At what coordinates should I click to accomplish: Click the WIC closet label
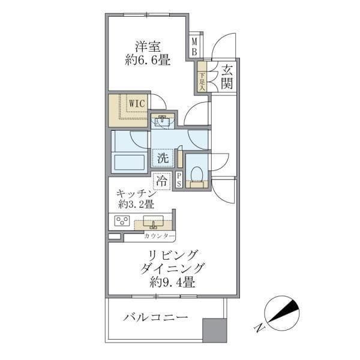137,104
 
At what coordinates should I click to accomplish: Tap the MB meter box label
194,47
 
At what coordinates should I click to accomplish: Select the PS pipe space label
179,180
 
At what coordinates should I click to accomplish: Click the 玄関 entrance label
227,77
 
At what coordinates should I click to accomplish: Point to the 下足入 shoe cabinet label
202,82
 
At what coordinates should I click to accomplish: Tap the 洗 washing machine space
163,158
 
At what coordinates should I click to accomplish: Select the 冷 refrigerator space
162,181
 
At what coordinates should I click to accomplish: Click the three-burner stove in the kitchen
122,221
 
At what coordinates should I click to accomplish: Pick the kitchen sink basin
154,221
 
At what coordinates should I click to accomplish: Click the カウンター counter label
160,236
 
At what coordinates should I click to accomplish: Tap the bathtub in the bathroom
130,162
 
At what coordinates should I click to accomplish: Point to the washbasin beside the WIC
163,121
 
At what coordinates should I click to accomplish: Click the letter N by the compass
259,328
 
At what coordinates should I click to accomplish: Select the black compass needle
284,311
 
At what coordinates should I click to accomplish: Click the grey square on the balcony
215,330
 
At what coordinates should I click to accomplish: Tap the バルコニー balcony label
155,317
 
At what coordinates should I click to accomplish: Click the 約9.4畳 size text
173,282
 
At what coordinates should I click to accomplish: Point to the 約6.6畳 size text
148,61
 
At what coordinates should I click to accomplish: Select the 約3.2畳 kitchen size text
136,204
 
